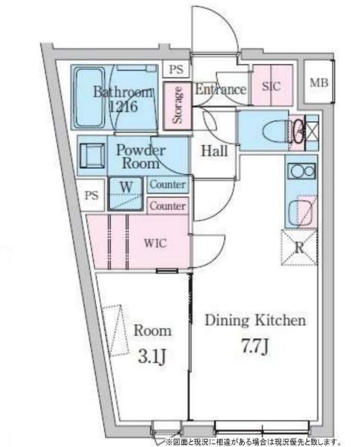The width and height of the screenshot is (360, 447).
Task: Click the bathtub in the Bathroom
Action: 89,97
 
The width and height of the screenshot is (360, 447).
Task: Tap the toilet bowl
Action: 275,131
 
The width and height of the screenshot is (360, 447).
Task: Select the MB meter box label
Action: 319,83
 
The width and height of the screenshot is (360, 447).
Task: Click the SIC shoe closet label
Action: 271,86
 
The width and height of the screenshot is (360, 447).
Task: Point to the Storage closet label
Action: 177,105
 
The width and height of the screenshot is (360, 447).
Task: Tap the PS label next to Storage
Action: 176,69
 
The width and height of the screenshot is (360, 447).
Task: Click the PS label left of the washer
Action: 91,196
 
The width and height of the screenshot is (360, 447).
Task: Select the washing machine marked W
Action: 126,194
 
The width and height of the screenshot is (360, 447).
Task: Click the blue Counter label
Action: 167,184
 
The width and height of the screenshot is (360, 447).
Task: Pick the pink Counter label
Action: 167,206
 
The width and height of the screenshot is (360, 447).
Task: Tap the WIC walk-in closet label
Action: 155,243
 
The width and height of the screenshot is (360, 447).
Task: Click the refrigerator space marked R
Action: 299,248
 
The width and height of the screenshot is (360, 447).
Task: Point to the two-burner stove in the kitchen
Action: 301,171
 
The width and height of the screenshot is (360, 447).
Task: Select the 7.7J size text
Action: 255,347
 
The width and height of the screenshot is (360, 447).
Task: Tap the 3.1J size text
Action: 152,357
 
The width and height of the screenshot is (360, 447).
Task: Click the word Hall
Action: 214,151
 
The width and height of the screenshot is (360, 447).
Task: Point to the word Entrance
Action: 221,89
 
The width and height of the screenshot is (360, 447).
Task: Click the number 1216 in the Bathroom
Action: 123,106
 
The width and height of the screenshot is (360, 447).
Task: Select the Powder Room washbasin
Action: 91,155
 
